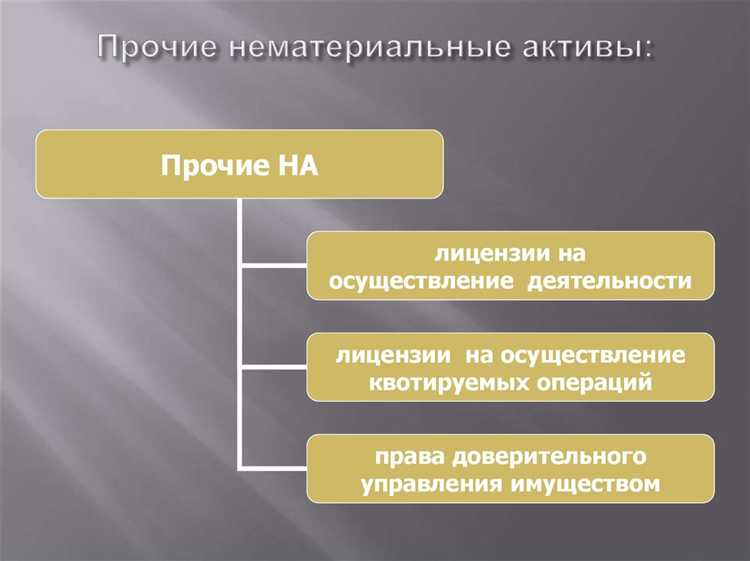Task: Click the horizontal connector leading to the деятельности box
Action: pos(273,266)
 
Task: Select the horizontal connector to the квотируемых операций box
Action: pos(273,367)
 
